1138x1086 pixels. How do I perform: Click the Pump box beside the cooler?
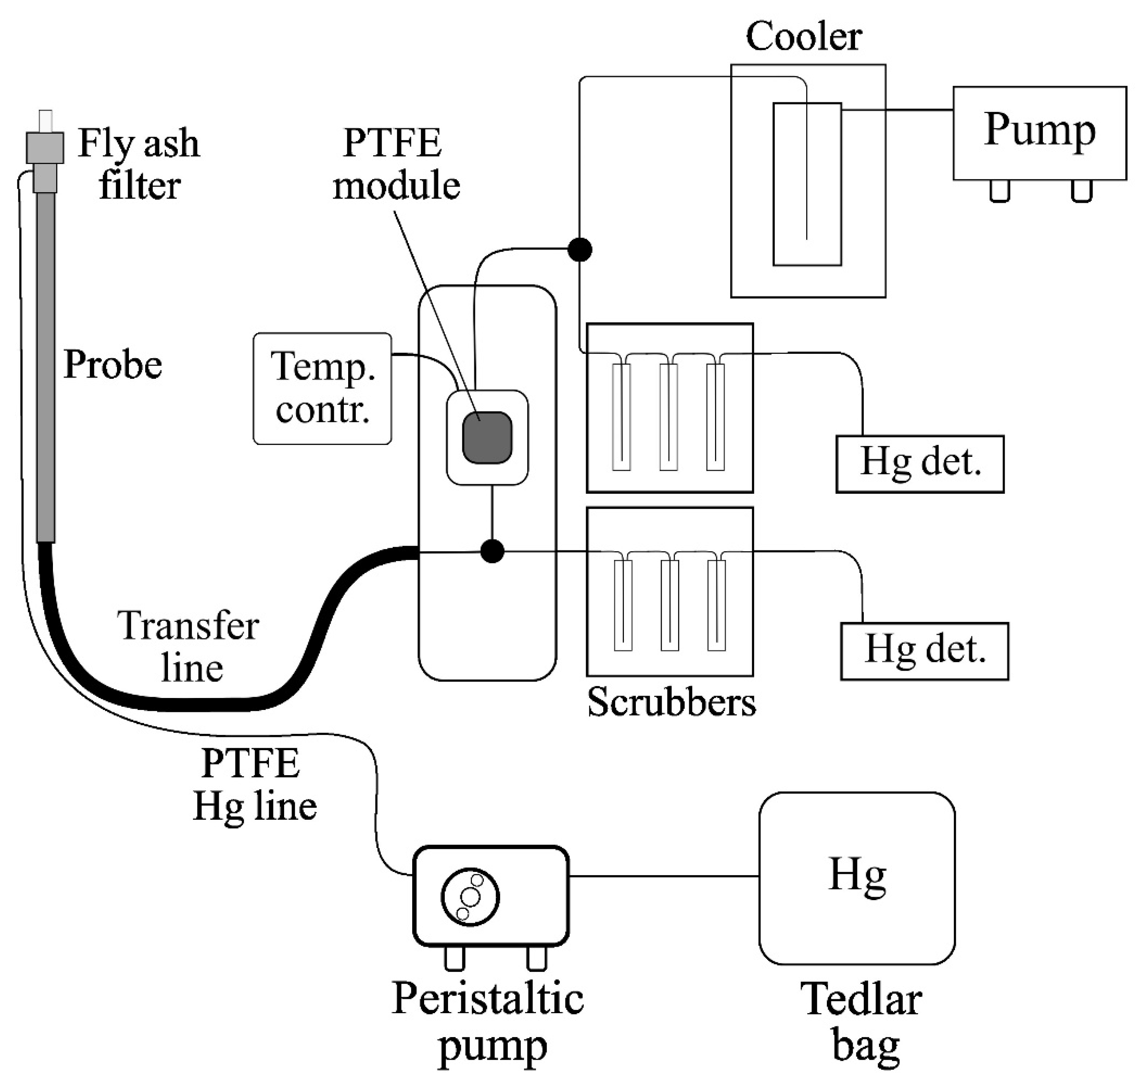click(x=1040, y=133)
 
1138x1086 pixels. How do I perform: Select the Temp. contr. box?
click(x=322, y=388)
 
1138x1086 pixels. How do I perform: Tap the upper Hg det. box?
click(x=920, y=464)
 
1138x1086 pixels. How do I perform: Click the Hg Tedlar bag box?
click(x=857, y=878)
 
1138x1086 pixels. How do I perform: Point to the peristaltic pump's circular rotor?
click(x=470, y=897)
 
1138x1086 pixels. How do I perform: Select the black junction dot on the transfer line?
click(x=492, y=551)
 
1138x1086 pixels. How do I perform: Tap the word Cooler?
click(x=803, y=37)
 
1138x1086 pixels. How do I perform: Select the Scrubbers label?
click(x=671, y=703)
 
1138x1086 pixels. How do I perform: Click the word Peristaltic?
click(x=488, y=1000)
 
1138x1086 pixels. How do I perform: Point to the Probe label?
click(x=113, y=365)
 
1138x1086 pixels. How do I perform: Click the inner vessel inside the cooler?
click(x=807, y=184)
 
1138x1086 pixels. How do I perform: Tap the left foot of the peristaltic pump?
click(x=454, y=957)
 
